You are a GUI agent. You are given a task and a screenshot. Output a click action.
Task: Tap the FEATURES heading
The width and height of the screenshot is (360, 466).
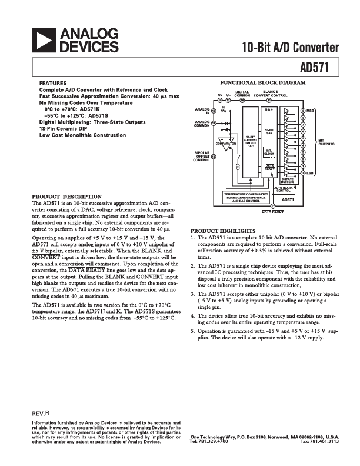[x=52, y=83]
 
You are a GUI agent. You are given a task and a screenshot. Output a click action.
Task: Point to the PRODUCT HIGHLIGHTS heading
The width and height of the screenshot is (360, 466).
[x=223, y=230]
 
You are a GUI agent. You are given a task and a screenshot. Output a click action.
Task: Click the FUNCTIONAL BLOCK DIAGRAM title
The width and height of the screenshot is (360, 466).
[x=262, y=83]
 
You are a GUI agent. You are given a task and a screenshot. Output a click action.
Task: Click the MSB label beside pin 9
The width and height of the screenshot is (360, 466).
[x=310, y=111]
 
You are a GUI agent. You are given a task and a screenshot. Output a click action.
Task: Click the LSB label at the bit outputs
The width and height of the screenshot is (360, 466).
[x=310, y=173]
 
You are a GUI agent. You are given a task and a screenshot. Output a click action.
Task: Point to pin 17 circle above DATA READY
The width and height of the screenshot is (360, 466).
[x=272, y=206]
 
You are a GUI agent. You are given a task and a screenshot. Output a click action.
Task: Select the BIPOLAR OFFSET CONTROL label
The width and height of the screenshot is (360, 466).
[x=202, y=156]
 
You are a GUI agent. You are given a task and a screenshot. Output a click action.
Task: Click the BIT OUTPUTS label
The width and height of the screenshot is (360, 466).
[x=325, y=142]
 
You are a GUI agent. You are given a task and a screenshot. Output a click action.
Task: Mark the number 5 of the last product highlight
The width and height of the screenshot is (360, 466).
[x=192, y=331]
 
